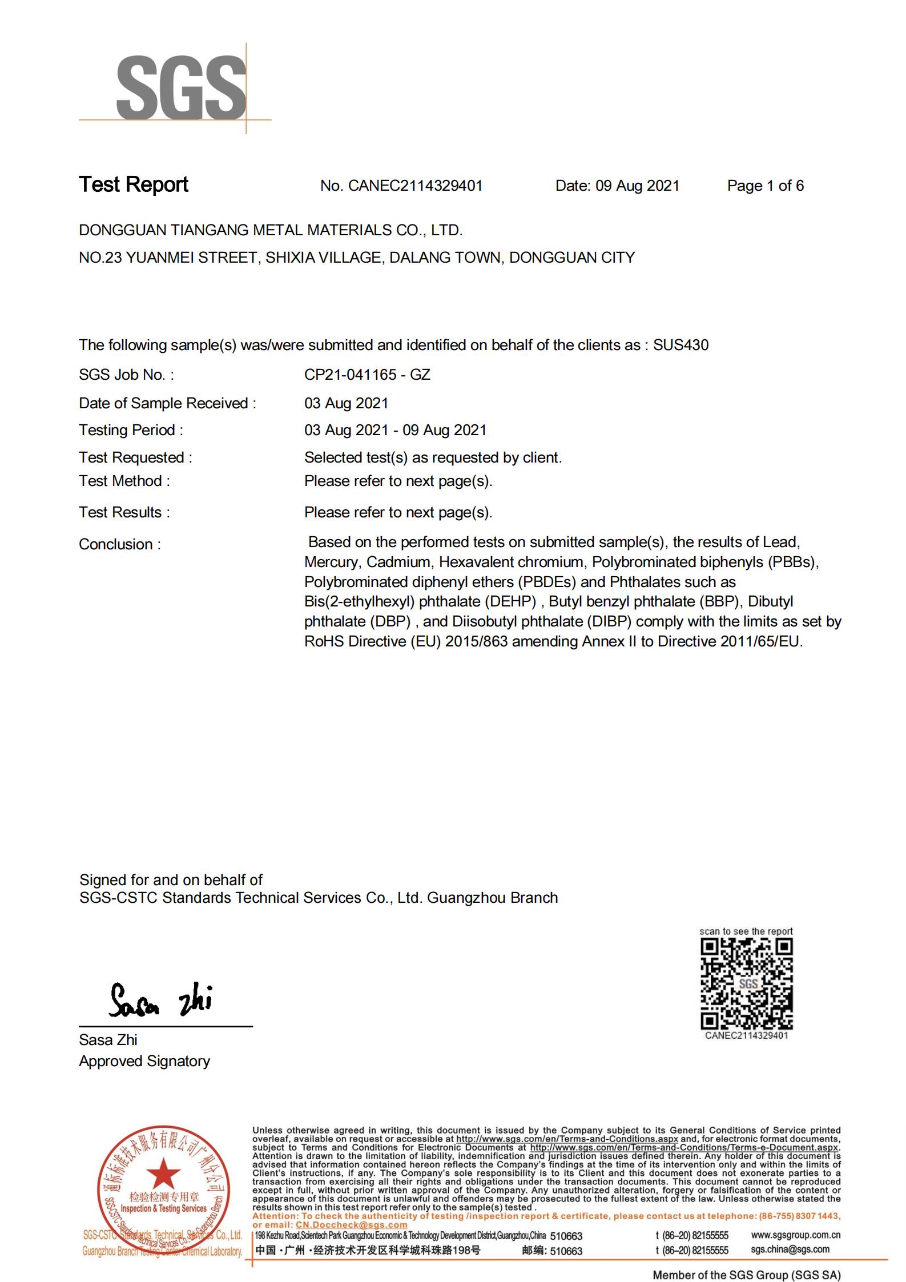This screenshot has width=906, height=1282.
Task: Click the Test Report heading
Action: pos(134,184)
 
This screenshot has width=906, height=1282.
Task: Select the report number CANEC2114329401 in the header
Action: pos(415,186)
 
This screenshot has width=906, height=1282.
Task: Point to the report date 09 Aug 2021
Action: pos(637,186)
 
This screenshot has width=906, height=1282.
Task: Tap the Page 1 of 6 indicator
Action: pos(765,186)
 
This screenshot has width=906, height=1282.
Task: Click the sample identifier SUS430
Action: pos(680,345)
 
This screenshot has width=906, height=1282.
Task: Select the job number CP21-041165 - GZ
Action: pos(367,375)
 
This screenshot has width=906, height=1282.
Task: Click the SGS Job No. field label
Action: pos(126,375)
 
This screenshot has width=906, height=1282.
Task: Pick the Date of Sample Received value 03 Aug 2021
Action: pos(346,403)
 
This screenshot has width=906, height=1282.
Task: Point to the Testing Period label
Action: pos(131,430)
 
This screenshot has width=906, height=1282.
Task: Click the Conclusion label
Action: pos(120,544)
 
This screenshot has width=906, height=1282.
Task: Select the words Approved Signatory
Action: pos(144,1061)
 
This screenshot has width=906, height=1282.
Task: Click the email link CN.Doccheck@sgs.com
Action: pos(351,1224)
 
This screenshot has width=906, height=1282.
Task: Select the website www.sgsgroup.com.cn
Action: pos(795,1235)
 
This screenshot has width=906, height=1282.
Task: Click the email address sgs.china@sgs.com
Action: pos(790,1249)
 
